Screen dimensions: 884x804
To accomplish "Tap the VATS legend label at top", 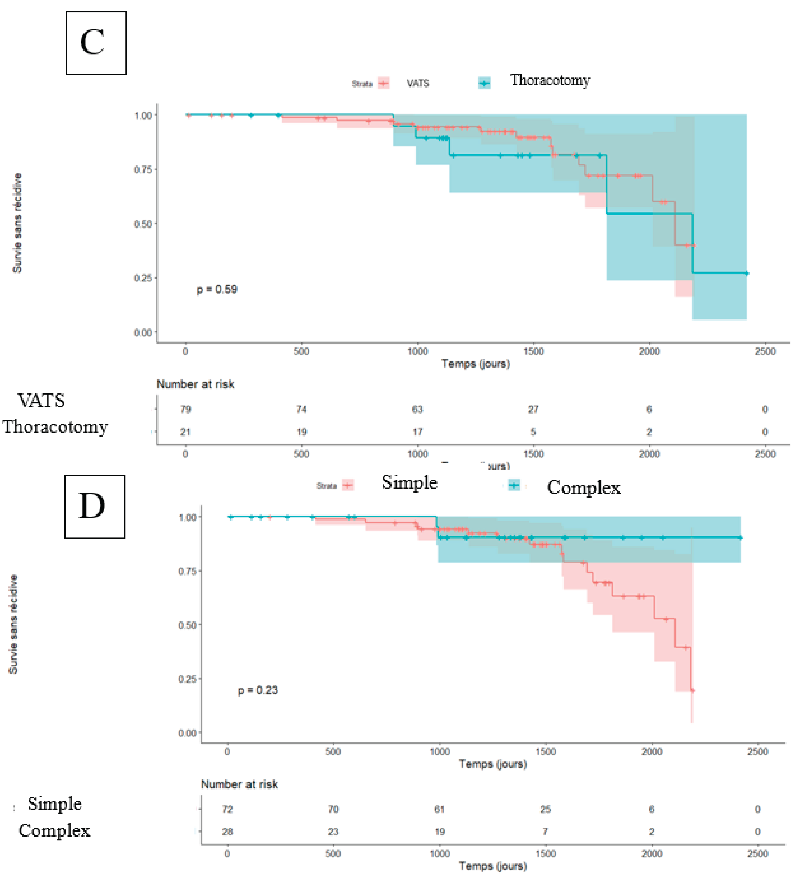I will point(417,83).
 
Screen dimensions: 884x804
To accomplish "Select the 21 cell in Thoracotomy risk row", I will point(185,432).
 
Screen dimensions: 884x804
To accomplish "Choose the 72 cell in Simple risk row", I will point(227,809).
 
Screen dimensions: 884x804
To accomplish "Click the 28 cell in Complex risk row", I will point(227,832).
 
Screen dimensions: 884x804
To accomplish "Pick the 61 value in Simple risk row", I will point(439,809).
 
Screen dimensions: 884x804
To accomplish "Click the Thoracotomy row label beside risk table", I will point(55,427).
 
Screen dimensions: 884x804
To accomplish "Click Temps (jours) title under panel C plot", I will point(476,363).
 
